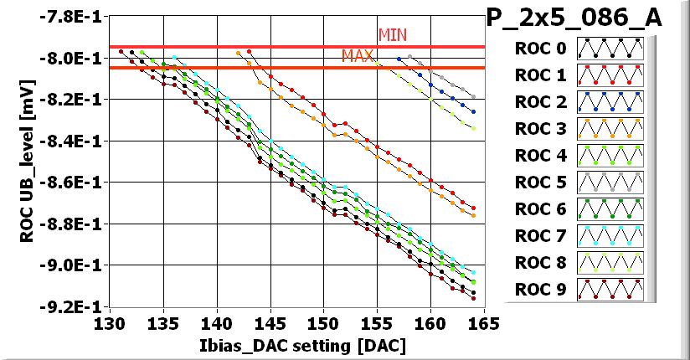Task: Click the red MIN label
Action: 393,34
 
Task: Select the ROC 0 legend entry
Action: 540,49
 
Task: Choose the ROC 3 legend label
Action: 540,129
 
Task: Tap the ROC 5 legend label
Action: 540,183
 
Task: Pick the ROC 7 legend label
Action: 540,236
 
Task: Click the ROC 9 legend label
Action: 540,290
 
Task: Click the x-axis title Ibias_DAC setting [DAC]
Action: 296,344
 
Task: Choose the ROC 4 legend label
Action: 540,156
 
